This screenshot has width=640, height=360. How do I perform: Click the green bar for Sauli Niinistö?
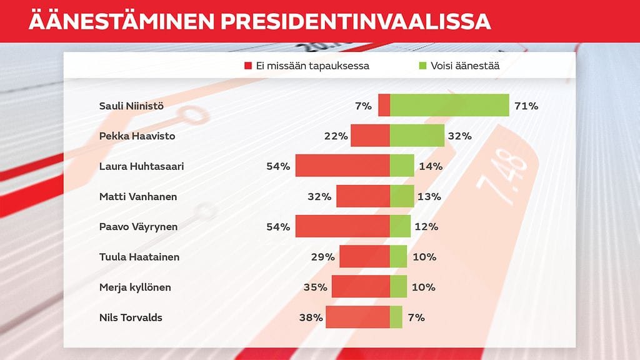449,105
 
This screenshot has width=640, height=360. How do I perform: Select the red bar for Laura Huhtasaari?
342,166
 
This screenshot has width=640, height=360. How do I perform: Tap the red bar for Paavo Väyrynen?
342,226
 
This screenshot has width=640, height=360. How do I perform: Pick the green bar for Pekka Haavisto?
417,136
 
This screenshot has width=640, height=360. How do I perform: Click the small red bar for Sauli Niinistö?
384,105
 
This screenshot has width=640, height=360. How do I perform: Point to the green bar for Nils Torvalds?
396,317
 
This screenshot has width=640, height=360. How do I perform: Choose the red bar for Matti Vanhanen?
362,196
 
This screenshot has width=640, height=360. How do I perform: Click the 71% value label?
526,106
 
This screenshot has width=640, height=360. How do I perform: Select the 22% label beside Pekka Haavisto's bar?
336,136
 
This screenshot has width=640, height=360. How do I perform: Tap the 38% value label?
311,317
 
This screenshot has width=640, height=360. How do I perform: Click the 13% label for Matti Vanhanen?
429,196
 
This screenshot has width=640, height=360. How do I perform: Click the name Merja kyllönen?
135,287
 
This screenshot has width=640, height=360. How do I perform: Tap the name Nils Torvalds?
131,317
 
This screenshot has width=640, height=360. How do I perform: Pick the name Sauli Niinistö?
131,106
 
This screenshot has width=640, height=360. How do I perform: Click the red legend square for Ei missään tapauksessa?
248,66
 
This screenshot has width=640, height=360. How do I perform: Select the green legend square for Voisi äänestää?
422,66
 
